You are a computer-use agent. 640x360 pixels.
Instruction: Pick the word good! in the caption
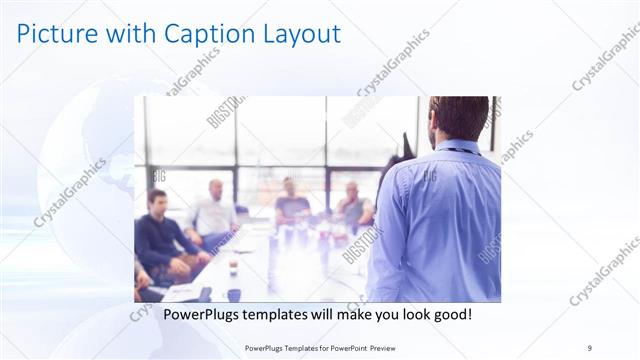click(451, 315)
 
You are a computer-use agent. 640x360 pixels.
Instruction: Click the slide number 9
click(590, 347)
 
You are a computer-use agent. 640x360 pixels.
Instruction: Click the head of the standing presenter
click(459, 118)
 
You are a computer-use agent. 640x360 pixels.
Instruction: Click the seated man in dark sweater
click(160, 230)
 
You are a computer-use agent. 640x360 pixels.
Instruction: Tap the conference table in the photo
click(270, 265)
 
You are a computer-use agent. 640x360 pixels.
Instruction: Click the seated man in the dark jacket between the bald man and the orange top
click(291, 204)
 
